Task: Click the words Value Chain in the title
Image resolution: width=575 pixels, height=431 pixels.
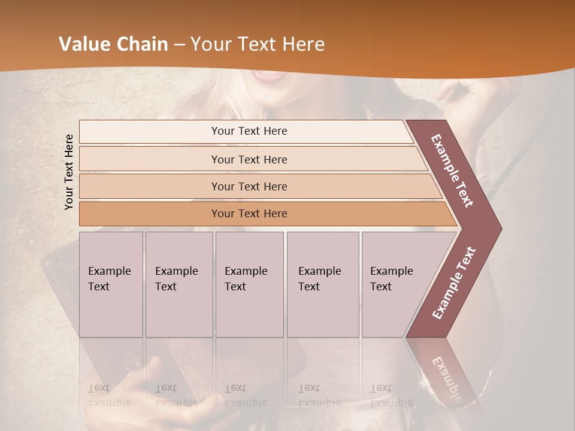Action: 113,44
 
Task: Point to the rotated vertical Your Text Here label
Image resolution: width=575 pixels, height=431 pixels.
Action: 69,172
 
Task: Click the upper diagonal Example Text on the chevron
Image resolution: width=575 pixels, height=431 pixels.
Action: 452,171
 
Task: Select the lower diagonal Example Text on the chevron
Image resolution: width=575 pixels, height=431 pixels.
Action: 454,283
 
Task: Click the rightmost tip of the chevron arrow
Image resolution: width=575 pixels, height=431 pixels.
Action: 500,229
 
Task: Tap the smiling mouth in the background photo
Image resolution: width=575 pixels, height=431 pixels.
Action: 268,76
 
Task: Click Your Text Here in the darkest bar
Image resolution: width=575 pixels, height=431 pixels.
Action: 249,214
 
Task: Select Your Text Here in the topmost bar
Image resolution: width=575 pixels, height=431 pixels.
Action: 249,131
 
